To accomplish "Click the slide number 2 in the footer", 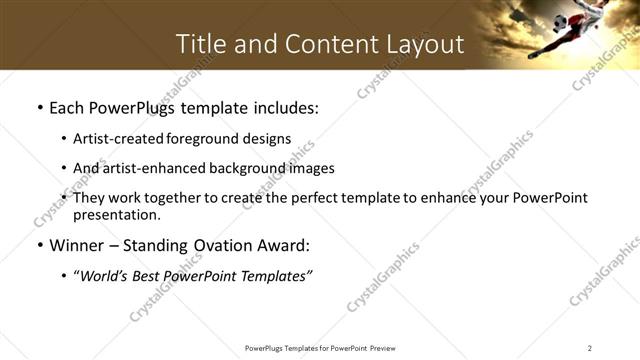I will tap(590, 348).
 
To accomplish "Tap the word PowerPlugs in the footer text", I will tap(267, 348).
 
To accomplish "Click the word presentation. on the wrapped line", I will tap(116, 214).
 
